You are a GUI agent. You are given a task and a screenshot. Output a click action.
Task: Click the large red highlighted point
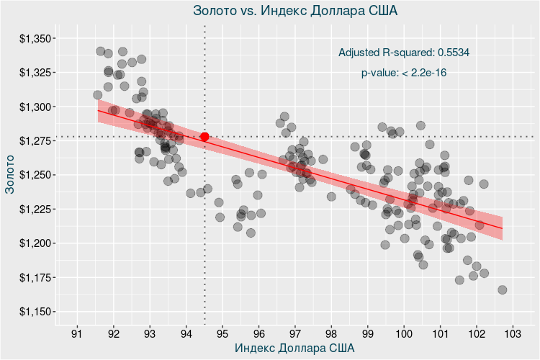[205, 137]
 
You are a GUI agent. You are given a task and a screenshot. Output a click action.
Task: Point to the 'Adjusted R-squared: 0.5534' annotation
[404, 53]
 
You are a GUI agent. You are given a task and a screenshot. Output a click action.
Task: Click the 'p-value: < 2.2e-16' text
[404, 73]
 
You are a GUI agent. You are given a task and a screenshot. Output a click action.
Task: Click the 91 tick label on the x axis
[77, 335]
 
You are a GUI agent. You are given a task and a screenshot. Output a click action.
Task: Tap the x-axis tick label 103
[513, 335]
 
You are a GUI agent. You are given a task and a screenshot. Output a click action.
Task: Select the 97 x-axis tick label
[295, 335]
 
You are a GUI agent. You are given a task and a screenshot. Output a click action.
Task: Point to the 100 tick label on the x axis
[404, 335]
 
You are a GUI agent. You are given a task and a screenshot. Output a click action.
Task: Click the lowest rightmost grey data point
[503, 290]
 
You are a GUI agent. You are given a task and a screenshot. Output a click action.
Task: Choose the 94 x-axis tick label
[186, 335]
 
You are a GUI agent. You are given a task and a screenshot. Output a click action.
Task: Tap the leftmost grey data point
[98, 95]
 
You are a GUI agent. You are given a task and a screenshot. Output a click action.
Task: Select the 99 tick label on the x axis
[367, 335]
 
